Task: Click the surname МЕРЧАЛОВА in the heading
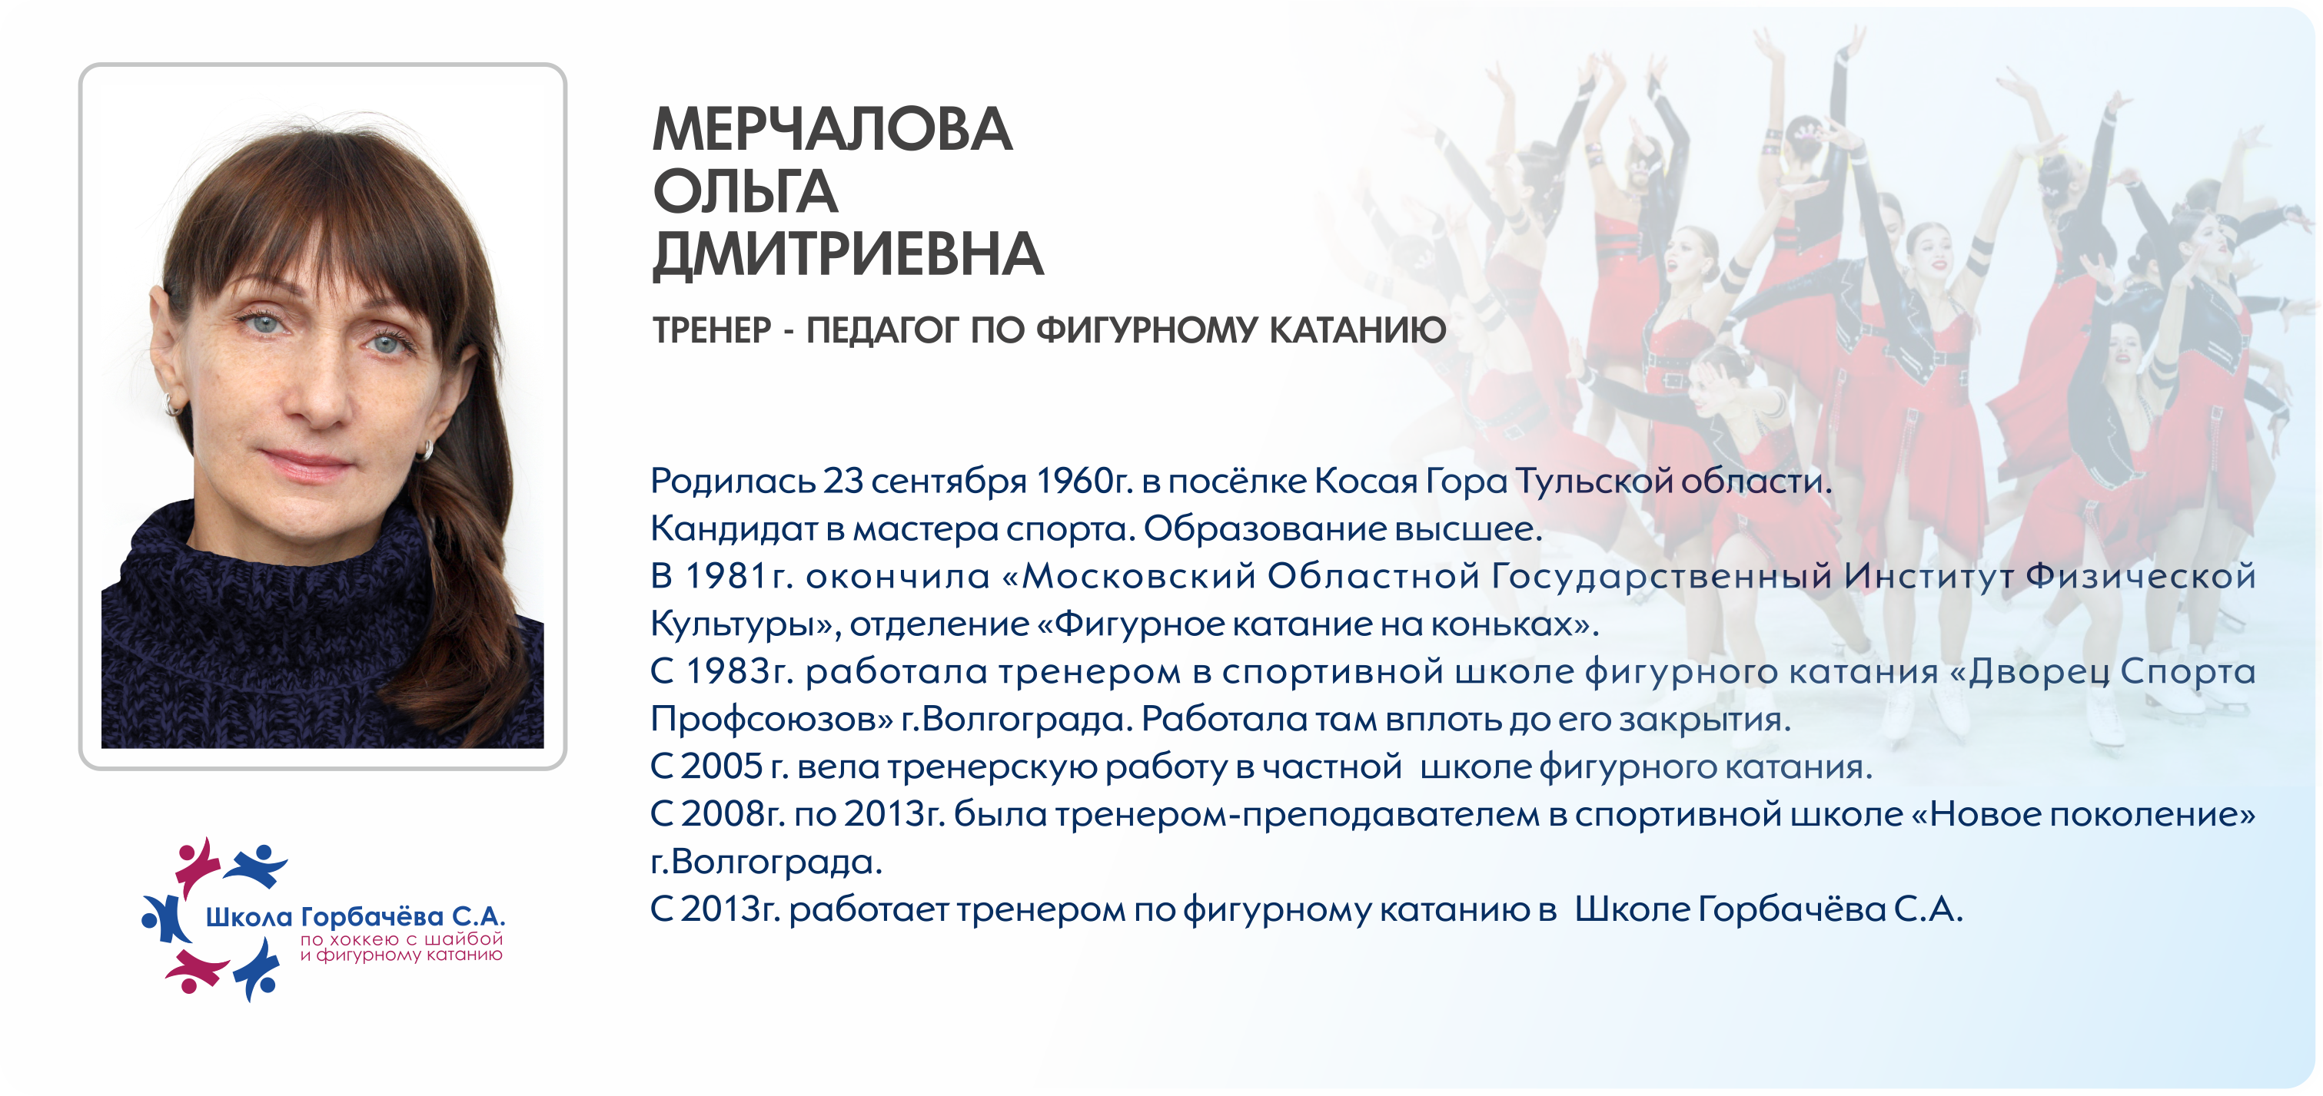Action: pos(832,129)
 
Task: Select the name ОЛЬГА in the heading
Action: pos(745,191)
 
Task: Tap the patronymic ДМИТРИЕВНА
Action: pos(848,254)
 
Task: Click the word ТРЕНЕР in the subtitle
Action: pos(713,330)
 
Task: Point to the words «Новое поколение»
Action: pos(2083,815)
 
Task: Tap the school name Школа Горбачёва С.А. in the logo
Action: pos(355,918)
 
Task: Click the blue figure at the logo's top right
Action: pos(256,864)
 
